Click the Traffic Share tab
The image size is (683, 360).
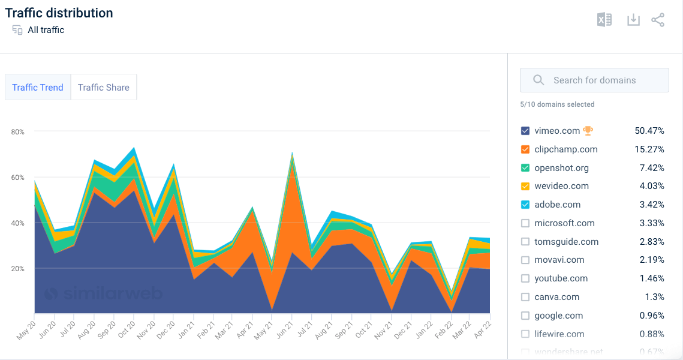coord(104,88)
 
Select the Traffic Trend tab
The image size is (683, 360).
coord(38,88)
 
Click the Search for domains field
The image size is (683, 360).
coord(594,80)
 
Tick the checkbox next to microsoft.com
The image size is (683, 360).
coord(525,223)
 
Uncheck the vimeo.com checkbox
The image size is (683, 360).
coord(525,131)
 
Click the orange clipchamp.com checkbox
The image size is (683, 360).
coord(525,149)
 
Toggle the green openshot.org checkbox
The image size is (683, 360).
coord(525,168)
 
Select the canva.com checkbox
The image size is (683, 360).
coord(525,297)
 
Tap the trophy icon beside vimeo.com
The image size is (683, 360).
coord(588,130)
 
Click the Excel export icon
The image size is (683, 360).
coord(604,20)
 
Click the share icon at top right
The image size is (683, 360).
coord(658,20)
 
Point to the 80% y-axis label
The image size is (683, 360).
coord(18,131)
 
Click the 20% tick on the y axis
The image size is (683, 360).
coord(18,268)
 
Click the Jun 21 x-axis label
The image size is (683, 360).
coord(284,329)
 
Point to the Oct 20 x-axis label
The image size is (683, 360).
coord(126,329)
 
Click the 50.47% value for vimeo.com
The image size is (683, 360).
coord(649,131)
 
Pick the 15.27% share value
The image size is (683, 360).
coord(649,149)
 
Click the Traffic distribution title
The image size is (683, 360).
coord(59,13)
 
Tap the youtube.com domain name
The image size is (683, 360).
coord(561,278)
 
